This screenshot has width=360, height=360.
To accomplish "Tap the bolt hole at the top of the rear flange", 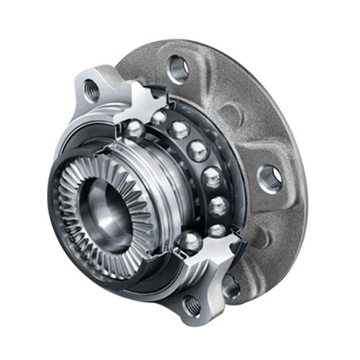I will click(x=177, y=68).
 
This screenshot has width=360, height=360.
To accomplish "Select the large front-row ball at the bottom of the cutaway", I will click(x=188, y=242).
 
